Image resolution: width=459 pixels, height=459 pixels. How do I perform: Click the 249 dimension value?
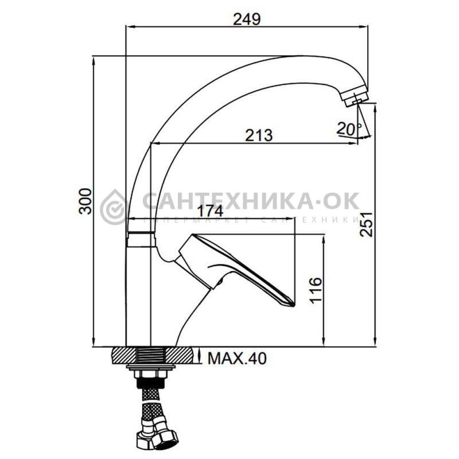click(x=247, y=20)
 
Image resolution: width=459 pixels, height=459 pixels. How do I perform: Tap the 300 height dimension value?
click(x=86, y=201)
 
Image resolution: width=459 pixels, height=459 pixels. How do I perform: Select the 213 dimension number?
click(x=259, y=135)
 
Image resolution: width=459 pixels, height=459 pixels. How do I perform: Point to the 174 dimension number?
click(x=210, y=211)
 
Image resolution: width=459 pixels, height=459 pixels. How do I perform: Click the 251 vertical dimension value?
click(x=366, y=224)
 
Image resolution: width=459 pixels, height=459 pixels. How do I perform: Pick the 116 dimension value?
click(x=316, y=290)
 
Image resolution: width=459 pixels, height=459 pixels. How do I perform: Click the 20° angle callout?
click(x=349, y=129)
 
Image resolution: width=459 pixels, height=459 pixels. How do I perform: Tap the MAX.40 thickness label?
click(x=237, y=358)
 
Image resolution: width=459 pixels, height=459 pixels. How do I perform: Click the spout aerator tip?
click(x=355, y=96)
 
